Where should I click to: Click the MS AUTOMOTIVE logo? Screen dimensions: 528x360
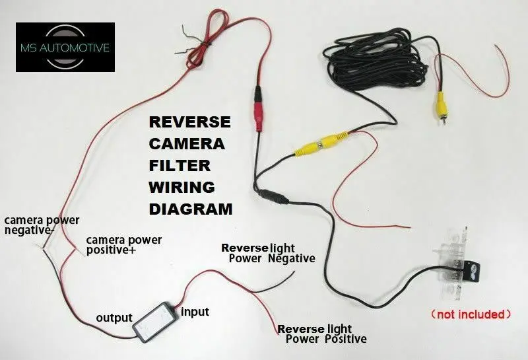pos(65,47)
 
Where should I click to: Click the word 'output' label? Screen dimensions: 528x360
pos(114,317)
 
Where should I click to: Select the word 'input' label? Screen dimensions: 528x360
pos(195,311)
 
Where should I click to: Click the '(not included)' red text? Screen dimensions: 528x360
pos(470,313)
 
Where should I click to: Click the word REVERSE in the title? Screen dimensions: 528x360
pos(189,122)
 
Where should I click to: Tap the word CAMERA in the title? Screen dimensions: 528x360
pos(187,144)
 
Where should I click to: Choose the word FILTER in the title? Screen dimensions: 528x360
pos(180,165)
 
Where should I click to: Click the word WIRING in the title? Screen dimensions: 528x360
pos(182,187)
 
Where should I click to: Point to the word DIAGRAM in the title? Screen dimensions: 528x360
pos(191,209)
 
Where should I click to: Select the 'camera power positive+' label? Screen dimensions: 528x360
pos(124,245)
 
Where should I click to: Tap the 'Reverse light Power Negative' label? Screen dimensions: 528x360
pos(268,253)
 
